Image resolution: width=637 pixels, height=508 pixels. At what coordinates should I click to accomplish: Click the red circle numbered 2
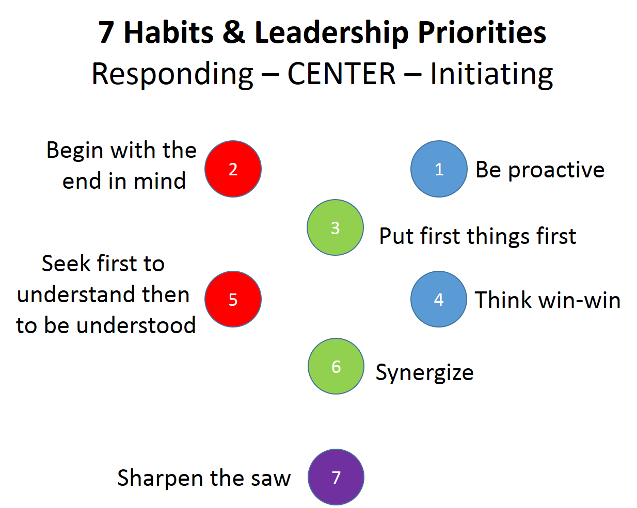pos(233,169)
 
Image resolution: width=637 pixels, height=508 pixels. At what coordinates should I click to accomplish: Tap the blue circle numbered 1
pos(439,169)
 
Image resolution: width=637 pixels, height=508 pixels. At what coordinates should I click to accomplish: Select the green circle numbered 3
pos(336,227)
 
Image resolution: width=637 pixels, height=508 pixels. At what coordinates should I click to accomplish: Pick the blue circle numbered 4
pos(439,299)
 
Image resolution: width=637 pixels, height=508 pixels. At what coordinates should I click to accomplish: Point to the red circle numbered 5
pos(233,299)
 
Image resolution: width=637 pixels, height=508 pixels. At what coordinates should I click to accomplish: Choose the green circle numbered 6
pos(336,366)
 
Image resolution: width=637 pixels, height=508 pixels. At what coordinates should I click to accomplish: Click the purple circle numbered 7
pos(336,477)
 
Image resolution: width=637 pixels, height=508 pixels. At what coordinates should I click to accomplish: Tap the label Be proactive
pos(540,170)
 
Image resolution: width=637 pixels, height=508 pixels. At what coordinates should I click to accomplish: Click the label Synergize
pos(424,372)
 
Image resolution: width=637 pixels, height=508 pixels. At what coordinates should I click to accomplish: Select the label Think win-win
pos(548,300)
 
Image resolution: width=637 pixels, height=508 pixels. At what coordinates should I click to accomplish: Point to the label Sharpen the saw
pos(204,478)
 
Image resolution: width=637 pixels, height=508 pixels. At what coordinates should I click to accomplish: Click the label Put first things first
pos(478,236)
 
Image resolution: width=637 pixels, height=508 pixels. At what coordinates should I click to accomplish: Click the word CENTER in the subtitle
pos(341,74)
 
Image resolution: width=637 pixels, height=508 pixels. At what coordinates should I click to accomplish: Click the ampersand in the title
pos(234,32)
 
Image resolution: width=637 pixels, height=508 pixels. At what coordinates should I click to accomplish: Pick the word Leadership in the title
pos(331,34)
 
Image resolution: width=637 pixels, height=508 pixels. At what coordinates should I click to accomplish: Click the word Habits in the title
pos(168,32)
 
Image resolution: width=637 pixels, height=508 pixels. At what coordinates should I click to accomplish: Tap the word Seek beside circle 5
pos(66,263)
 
